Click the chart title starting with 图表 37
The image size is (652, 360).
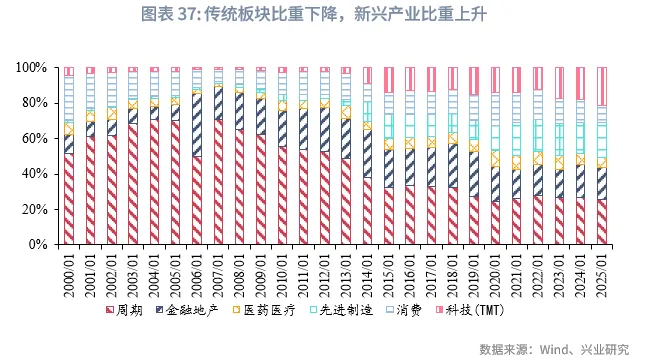pyautogui.click(x=325, y=13)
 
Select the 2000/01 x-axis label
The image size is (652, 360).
pyautogui.click(x=67, y=269)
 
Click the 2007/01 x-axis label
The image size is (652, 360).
pyautogui.click(x=219, y=269)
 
